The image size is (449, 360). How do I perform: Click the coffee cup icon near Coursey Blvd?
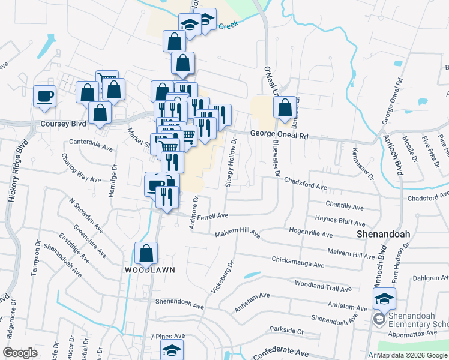(x=45, y=96)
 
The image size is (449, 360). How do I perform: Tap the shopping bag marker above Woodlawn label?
(x=146, y=254)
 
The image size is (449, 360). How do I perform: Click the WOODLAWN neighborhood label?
(x=150, y=270)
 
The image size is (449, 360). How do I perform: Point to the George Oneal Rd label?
(x=279, y=136)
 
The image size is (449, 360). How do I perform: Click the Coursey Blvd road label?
(x=63, y=124)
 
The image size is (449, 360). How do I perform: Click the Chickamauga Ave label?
(x=298, y=263)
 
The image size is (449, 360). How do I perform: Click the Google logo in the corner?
(x=20, y=352)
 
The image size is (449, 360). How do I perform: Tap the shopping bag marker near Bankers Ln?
(x=286, y=109)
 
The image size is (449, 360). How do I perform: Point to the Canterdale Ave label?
(x=91, y=146)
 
